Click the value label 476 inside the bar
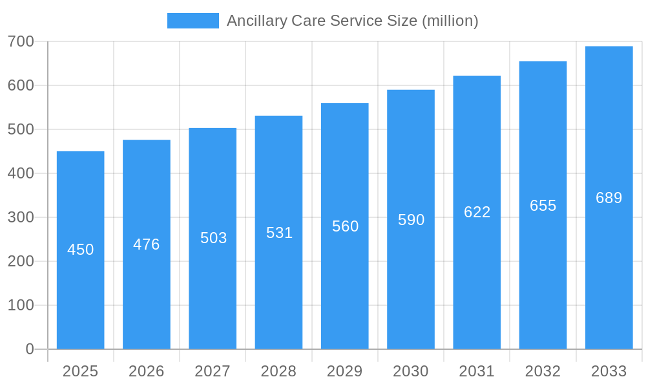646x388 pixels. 147,244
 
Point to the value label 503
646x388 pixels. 213,238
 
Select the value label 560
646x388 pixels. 345,226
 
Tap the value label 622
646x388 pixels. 477,212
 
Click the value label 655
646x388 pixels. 543,206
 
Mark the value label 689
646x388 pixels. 609,198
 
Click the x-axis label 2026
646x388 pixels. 147,371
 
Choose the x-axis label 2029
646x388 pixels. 344,371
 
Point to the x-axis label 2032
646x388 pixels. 543,371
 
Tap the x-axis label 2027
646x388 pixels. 213,371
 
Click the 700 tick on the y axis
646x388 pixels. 21,41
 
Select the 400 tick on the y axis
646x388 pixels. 21,173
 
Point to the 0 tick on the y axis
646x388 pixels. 30,349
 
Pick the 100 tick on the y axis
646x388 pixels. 21,305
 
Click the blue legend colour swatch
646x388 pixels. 193,21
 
